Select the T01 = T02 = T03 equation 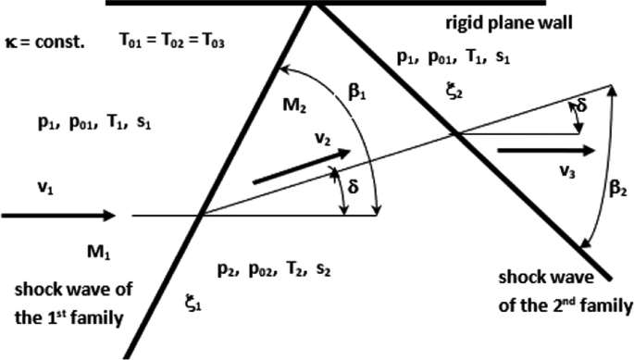point(172,42)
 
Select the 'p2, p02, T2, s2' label point(274,268)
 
